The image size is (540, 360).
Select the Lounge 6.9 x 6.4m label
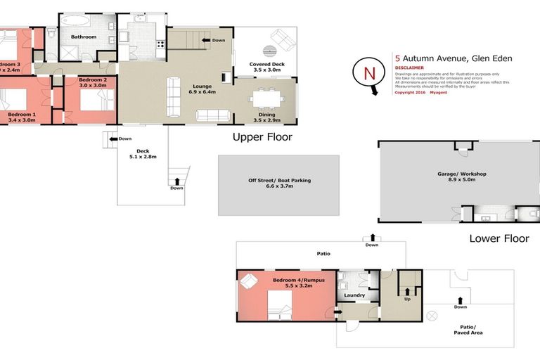pyautogui.click(x=200, y=88)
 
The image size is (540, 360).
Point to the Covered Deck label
pyautogui.click(x=266, y=67)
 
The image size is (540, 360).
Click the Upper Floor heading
pyautogui.click(x=262, y=137)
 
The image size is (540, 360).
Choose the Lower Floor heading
pyautogui.click(x=499, y=239)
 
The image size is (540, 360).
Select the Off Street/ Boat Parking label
pyautogui.click(x=279, y=184)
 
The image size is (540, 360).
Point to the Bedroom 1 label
pyautogui.click(x=22, y=117)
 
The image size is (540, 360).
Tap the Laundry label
pyautogui.click(x=354, y=295)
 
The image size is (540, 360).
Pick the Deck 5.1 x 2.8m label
pyautogui.click(x=143, y=154)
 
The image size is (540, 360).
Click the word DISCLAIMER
pyautogui.click(x=409, y=67)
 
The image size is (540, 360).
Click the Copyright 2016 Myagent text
pyautogui.click(x=420, y=92)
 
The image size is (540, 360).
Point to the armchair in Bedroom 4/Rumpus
pyautogui.click(x=250, y=282)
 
